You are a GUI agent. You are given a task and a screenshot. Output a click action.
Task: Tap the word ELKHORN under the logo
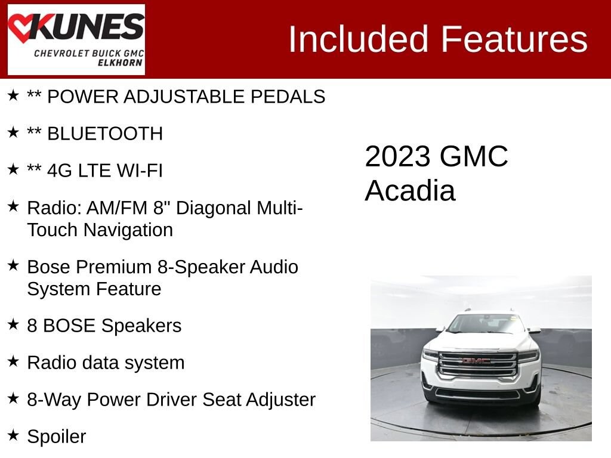[120, 63]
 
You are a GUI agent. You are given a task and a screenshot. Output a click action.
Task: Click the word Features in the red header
[514, 39]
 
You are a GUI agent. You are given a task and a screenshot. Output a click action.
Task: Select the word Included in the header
[359, 39]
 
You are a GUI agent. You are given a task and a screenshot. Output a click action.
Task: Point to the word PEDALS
[288, 97]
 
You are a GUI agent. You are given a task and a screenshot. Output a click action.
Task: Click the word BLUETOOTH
[105, 134]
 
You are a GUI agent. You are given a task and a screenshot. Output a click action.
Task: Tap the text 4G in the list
[59, 171]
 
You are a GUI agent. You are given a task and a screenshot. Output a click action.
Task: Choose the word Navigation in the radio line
[128, 230]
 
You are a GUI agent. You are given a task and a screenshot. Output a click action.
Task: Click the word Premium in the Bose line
[113, 267]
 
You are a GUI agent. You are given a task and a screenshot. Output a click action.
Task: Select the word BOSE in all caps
[69, 326]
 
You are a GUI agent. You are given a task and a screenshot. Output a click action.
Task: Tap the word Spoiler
[57, 437]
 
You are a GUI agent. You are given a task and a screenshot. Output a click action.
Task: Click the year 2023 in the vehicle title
[397, 157]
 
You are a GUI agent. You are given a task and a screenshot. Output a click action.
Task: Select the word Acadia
[410, 191]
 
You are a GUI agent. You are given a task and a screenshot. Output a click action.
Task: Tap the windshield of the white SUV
[486, 323]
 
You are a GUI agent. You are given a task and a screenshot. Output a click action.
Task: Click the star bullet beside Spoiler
[13, 435]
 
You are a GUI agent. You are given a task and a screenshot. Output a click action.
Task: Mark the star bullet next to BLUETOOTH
[13, 132]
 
